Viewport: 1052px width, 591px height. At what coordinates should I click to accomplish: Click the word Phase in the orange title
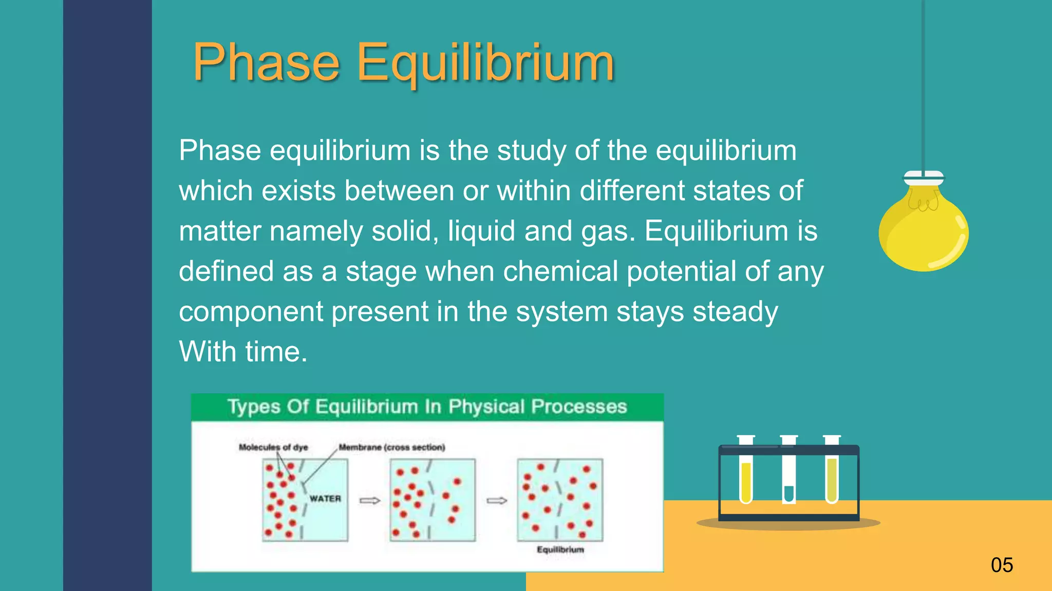[266, 63]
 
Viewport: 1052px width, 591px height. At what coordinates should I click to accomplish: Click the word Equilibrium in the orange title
[485, 63]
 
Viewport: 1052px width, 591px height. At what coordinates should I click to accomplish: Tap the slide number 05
[1002, 565]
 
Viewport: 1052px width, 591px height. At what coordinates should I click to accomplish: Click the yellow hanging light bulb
[924, 231]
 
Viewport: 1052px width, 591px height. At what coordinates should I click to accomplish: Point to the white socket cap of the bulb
[924, 178]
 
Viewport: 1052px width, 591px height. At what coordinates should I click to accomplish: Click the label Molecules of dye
[273, 447]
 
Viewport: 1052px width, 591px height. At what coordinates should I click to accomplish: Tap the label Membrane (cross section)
[392, 447]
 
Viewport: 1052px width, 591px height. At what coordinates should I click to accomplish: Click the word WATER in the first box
[325, 498]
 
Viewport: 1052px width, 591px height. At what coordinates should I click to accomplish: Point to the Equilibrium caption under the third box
[560, 549]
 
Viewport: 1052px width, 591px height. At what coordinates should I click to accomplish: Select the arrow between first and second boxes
[370, 500]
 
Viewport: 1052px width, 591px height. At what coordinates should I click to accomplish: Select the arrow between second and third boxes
[497, 500]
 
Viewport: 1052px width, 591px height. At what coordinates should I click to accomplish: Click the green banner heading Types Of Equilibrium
[427, 406]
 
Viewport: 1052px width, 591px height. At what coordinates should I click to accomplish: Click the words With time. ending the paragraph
[243, 352]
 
